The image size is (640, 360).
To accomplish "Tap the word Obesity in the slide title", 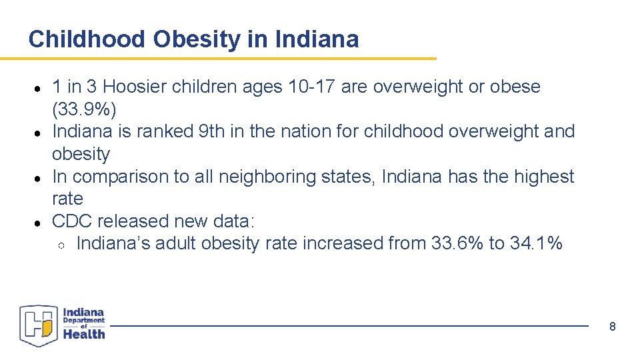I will (197, 39).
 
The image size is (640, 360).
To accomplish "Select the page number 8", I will (612, 327).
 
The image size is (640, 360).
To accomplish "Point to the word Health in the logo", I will (84, 334).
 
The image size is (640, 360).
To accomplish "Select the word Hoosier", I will (135, 87).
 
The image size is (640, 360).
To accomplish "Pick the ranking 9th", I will (212, 131).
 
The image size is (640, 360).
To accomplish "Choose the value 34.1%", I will (536, 243).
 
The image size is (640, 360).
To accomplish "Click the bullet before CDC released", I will (39, 222).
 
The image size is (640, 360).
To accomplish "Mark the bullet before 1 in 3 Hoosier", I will (39, 88).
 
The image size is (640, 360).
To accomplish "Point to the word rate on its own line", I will (67, 199).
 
